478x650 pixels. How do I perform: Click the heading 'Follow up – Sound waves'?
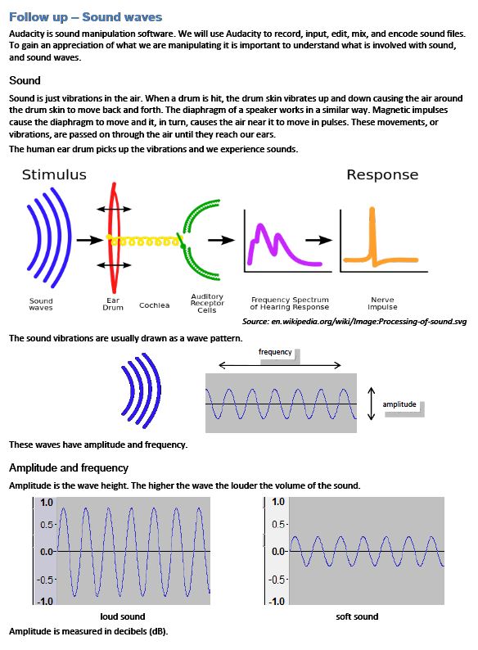(85, 17)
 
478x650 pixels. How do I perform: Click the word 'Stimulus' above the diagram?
(54, 174)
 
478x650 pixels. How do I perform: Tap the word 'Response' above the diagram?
(382, 174)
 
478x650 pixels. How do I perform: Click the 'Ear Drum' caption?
(113, 304)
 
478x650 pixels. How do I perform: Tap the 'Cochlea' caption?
(154, 305)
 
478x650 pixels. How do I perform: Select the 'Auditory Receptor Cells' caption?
(207, 303)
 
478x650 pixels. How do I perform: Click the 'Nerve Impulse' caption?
(382, 303)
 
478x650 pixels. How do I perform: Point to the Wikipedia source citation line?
(354, 321)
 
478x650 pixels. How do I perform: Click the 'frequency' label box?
(278, 355)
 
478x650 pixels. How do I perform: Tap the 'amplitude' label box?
(402, 407)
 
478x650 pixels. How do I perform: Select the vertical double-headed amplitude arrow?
(372, 404)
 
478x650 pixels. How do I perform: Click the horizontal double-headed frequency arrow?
(280, 365)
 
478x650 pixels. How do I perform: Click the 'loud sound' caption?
(123, 616)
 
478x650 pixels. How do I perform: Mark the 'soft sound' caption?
(357, 616)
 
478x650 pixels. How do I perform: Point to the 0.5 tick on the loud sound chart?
(47, 525)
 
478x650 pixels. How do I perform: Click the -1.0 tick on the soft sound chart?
(277, 601)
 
